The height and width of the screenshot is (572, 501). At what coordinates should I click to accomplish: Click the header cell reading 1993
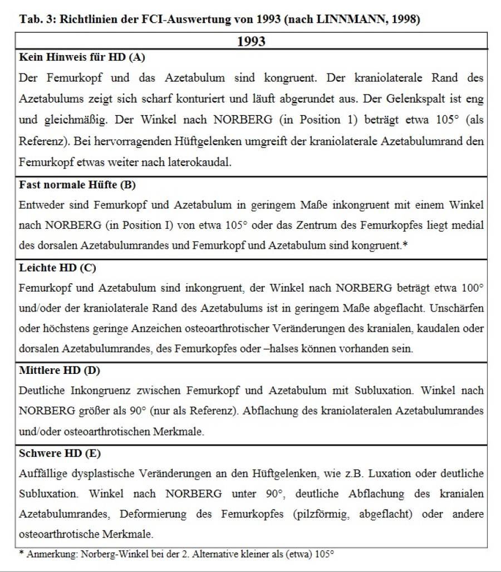pyautogui.click(x=251, y=42)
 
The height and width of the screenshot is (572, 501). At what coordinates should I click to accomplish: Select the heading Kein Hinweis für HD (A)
pyautogui.click(x=82, y=57)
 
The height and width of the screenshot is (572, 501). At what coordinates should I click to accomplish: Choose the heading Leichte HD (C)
pyautogui.click(x=57, y=268)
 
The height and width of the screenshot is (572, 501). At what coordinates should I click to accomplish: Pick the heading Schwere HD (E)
pyautogui.click(x=57, y=453)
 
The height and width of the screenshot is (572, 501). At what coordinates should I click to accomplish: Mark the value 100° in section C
pyautogui.click(x=472, y=288)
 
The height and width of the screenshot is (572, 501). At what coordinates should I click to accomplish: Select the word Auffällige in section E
pyautogui.click(x=42, y=473)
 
